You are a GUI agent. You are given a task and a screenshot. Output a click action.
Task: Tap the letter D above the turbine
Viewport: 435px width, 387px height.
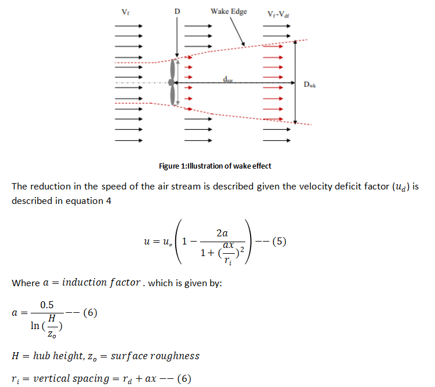(177, 12)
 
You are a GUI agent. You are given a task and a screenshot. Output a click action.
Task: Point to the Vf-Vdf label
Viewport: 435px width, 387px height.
(278, 13)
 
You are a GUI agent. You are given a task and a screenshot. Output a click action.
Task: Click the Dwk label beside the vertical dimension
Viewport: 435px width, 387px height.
(310, 84)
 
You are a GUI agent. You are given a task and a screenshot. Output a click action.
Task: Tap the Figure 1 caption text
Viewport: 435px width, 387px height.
(215, 166)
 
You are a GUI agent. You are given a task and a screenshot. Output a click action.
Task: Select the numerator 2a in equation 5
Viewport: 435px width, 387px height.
(221, 232)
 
